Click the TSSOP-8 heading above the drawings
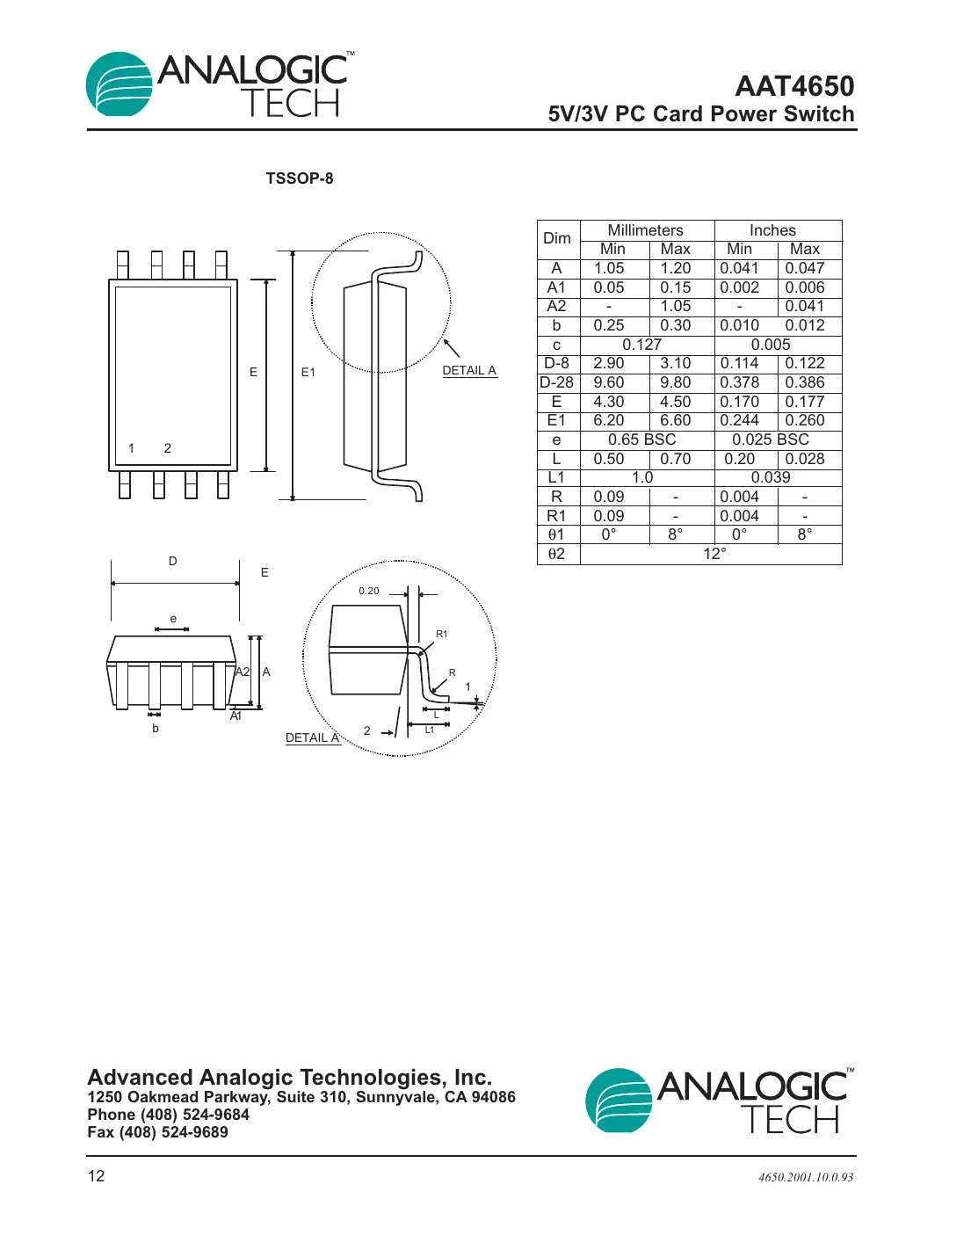300,178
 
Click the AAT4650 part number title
793,86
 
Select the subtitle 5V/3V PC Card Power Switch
700,114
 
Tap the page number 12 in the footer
96,1176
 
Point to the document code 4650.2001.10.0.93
805,1177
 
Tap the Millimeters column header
645,230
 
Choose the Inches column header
772,230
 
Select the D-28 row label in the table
556,382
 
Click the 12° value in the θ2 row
714,554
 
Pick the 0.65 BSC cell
641,440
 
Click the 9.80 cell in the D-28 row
675,382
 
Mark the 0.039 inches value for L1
770,477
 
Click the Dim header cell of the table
557,238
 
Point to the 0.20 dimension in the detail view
369,591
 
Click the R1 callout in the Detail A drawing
442,634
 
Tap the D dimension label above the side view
173,561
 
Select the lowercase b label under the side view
156,728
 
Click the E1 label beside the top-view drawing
308,373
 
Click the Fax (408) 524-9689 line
157,1132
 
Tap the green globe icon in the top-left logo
120,84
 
